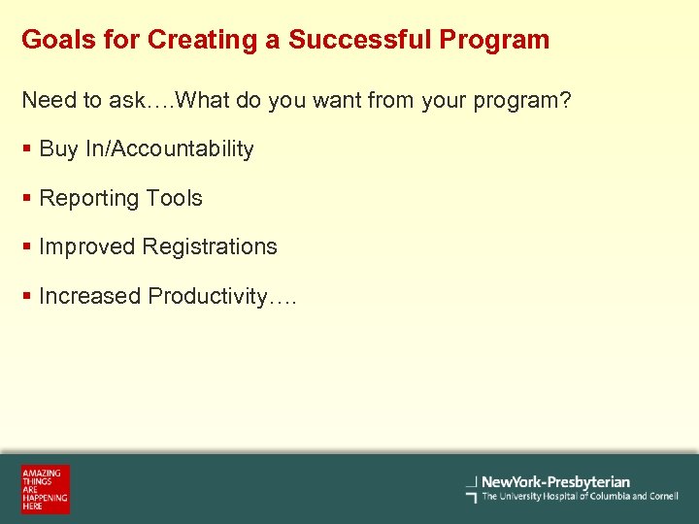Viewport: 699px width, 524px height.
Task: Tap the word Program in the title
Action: pos(494,40)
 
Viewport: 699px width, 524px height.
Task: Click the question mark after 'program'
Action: pos(565,100)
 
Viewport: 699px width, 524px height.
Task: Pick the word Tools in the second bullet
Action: pos(175,198)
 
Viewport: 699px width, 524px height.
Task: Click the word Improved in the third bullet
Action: pos(87,246)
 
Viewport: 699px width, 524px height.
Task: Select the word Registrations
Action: pos(210,246)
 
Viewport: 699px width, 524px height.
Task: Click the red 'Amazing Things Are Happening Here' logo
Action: pos(46,489)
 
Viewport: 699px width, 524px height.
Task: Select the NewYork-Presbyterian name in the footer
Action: pos(555,481)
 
